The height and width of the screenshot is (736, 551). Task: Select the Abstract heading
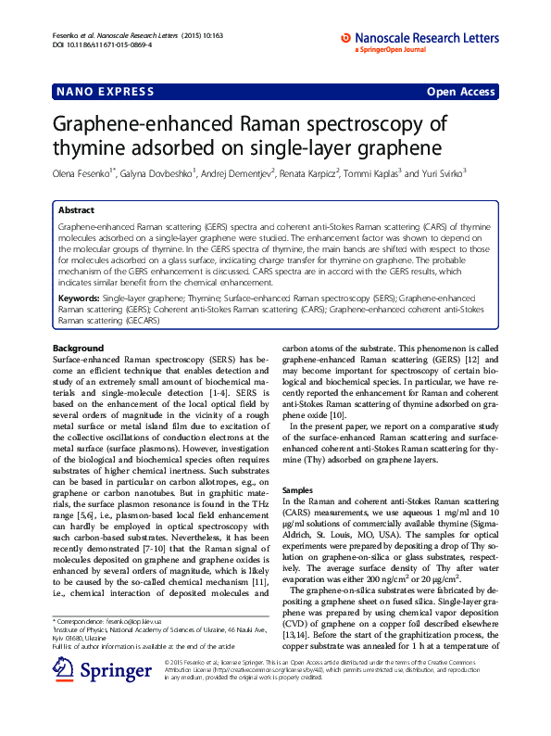76,210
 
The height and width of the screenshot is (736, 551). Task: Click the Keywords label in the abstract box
79,298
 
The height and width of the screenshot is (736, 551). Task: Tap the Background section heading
79,348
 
